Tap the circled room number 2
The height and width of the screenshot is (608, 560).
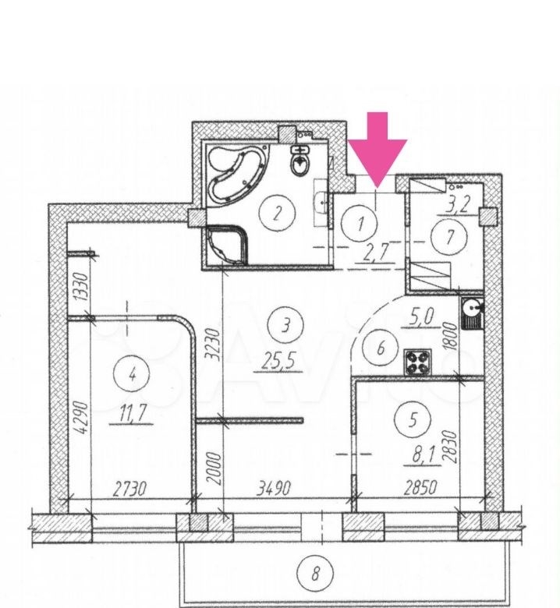pyautogui.click(x=278, y=213)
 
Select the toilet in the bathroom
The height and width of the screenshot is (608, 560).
pyautogui.click(x=300, y=161)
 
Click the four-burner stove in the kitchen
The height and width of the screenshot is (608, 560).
pyautogui.click(x=417, y=362)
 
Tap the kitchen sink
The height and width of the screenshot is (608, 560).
pyautogui.click(x=472, y=313)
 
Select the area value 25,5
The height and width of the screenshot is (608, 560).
pyautogui.click(x=278, y=362)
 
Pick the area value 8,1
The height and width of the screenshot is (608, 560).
pyautogui.click(x=422, y=456)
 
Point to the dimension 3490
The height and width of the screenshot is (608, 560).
pyautogui.click(x=273, y=489)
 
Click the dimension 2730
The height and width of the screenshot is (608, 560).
pyautogui.click(x=130, y=489)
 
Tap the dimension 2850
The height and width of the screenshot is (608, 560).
pyautogui.click(x=420, y=488)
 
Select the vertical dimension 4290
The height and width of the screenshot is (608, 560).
pyautogui.click(x=83, y=418)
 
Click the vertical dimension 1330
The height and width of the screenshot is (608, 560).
pyautogui.click(x=82, y=286)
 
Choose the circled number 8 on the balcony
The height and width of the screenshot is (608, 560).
pyautogui.click(x=315, y=572)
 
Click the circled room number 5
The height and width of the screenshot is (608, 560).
pyautogui.click(x=413, y=419)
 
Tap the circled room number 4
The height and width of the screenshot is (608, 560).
pyautogui.click(x=132, y=375)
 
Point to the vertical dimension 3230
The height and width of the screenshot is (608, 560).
pyautogui.click(x=214, y=345)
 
